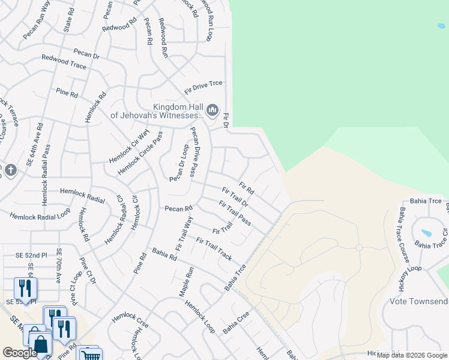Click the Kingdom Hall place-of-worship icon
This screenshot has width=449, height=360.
(x=212, y=110)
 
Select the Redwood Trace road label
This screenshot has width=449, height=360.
(x=64, y=61)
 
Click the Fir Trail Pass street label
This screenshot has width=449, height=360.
(x=235, y=214)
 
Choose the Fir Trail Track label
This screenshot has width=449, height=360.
(x=214, y=248)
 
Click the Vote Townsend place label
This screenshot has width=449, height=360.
(x=418, y=301)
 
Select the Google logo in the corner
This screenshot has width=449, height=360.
(x=20, y=353)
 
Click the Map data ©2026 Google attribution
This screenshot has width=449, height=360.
(x=412, y=355)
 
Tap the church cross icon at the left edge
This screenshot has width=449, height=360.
(x=10, y=170)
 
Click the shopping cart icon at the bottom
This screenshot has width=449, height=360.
(x=89, y=355)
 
